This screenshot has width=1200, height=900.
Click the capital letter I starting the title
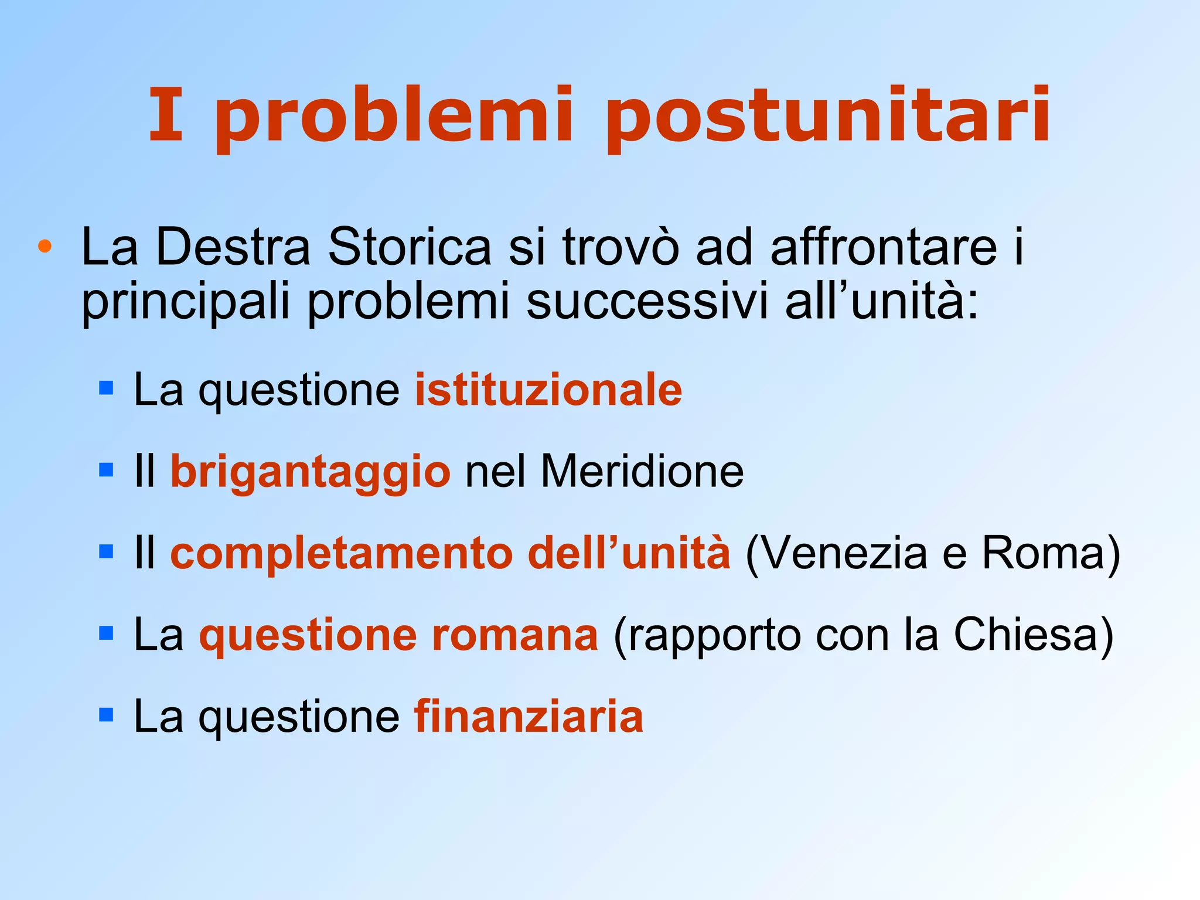166,115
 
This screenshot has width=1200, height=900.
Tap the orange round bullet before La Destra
45,246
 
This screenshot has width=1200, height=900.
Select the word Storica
409,247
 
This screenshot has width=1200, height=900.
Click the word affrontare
883,247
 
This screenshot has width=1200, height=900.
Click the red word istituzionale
548,390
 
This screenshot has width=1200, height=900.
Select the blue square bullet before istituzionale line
106,388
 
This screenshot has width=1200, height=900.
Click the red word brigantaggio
311,472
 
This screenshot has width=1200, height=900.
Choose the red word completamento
342,553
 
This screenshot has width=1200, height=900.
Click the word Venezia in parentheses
837,553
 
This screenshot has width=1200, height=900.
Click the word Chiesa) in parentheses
1034,635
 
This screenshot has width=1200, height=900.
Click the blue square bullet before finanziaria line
106,715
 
